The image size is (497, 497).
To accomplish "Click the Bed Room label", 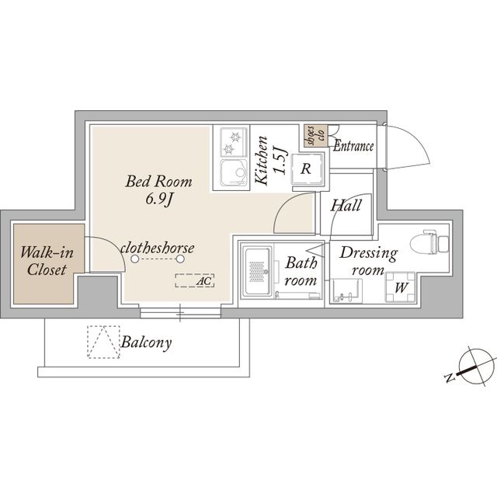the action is pos(158,182).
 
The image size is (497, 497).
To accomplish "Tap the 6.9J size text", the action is pos(159,199).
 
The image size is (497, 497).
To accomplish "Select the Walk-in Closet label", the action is pos(47,261).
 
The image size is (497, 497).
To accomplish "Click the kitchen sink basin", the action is pos(234,172).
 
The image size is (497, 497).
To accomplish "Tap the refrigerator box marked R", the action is pos(306,169).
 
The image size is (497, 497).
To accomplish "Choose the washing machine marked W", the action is pos(401,287).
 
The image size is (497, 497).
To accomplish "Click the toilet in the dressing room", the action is pos(429,242).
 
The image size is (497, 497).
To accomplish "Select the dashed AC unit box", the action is pos(195,280).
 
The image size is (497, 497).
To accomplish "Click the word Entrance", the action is pos(353,146).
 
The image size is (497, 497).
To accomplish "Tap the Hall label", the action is pos(346,206).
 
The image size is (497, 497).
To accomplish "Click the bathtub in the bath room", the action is pos(257,271).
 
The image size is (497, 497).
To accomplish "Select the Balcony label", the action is pos(147,342).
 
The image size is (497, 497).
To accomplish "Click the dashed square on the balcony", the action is pos(103,342).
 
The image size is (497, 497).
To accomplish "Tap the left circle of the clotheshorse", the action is pos(135,259).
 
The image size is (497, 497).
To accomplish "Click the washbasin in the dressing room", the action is pos(346,290).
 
